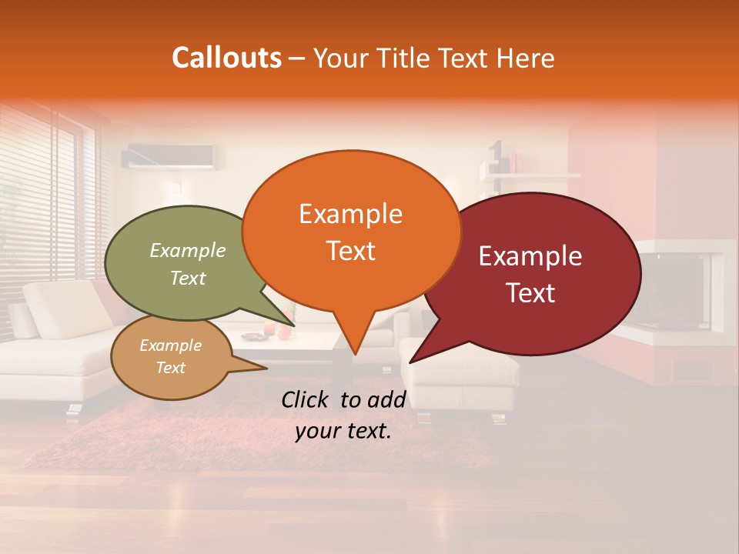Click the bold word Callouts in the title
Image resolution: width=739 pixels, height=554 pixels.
[226, 58]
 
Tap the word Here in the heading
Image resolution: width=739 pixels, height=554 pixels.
[526, 58]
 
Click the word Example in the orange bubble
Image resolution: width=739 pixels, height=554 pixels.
[350, 214]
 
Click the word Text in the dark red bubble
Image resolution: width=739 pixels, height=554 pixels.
[530, 292]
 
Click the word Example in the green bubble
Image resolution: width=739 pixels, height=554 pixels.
[187, 250]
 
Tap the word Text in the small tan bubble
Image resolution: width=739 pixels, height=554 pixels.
[170, 368]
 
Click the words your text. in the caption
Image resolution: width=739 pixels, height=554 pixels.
[343, 432]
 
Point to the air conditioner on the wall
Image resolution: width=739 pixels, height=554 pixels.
[169, 156]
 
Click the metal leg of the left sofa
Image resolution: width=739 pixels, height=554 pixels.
[73, 412]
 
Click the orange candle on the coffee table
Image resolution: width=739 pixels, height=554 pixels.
[283, 332]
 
